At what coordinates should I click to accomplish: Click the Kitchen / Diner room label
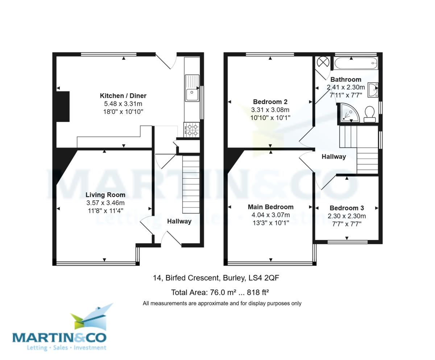click(x=123, y=96)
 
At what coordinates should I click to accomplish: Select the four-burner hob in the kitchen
click(x=192, y=130)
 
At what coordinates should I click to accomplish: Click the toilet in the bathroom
click(x=370, y=113)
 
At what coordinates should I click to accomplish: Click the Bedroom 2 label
click(x=270, y=102)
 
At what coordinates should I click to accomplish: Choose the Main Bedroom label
click(x=270, y=207)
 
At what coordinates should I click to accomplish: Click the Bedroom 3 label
click(x=347, y=208)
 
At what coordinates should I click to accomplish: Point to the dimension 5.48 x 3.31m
click(x=123, y=104)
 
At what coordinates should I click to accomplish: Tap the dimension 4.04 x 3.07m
click(x=270, y=215)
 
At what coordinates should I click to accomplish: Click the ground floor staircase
click(x=191, y=185)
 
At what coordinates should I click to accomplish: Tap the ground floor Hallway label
click(x=179, y=222)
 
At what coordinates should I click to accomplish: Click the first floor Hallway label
click(x=333, y=157)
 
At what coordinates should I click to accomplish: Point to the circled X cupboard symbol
click(x=322, y=62)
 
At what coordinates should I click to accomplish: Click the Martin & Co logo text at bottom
click(x=60, y=338)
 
